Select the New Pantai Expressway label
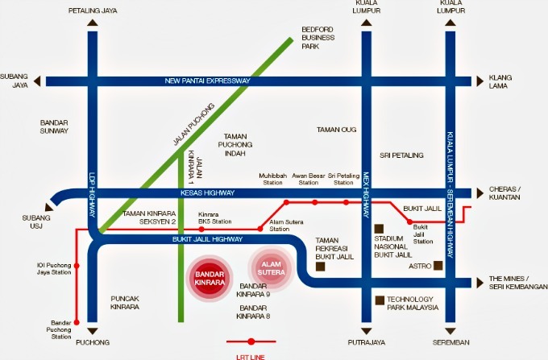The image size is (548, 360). click(207, 81)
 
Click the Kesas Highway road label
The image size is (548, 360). click(207, 193)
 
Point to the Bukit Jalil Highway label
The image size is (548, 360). click(207, 239)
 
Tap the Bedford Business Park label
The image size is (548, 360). click(317, 37)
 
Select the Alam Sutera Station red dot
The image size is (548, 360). click(259, 230)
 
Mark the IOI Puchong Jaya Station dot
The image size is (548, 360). click(77, 265)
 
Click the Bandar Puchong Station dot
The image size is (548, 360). click(77, 323)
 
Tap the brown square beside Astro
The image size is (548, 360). click(438, 265)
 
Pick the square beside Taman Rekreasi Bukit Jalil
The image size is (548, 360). click(320, 265)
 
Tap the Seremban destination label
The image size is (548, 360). click(450, 342)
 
